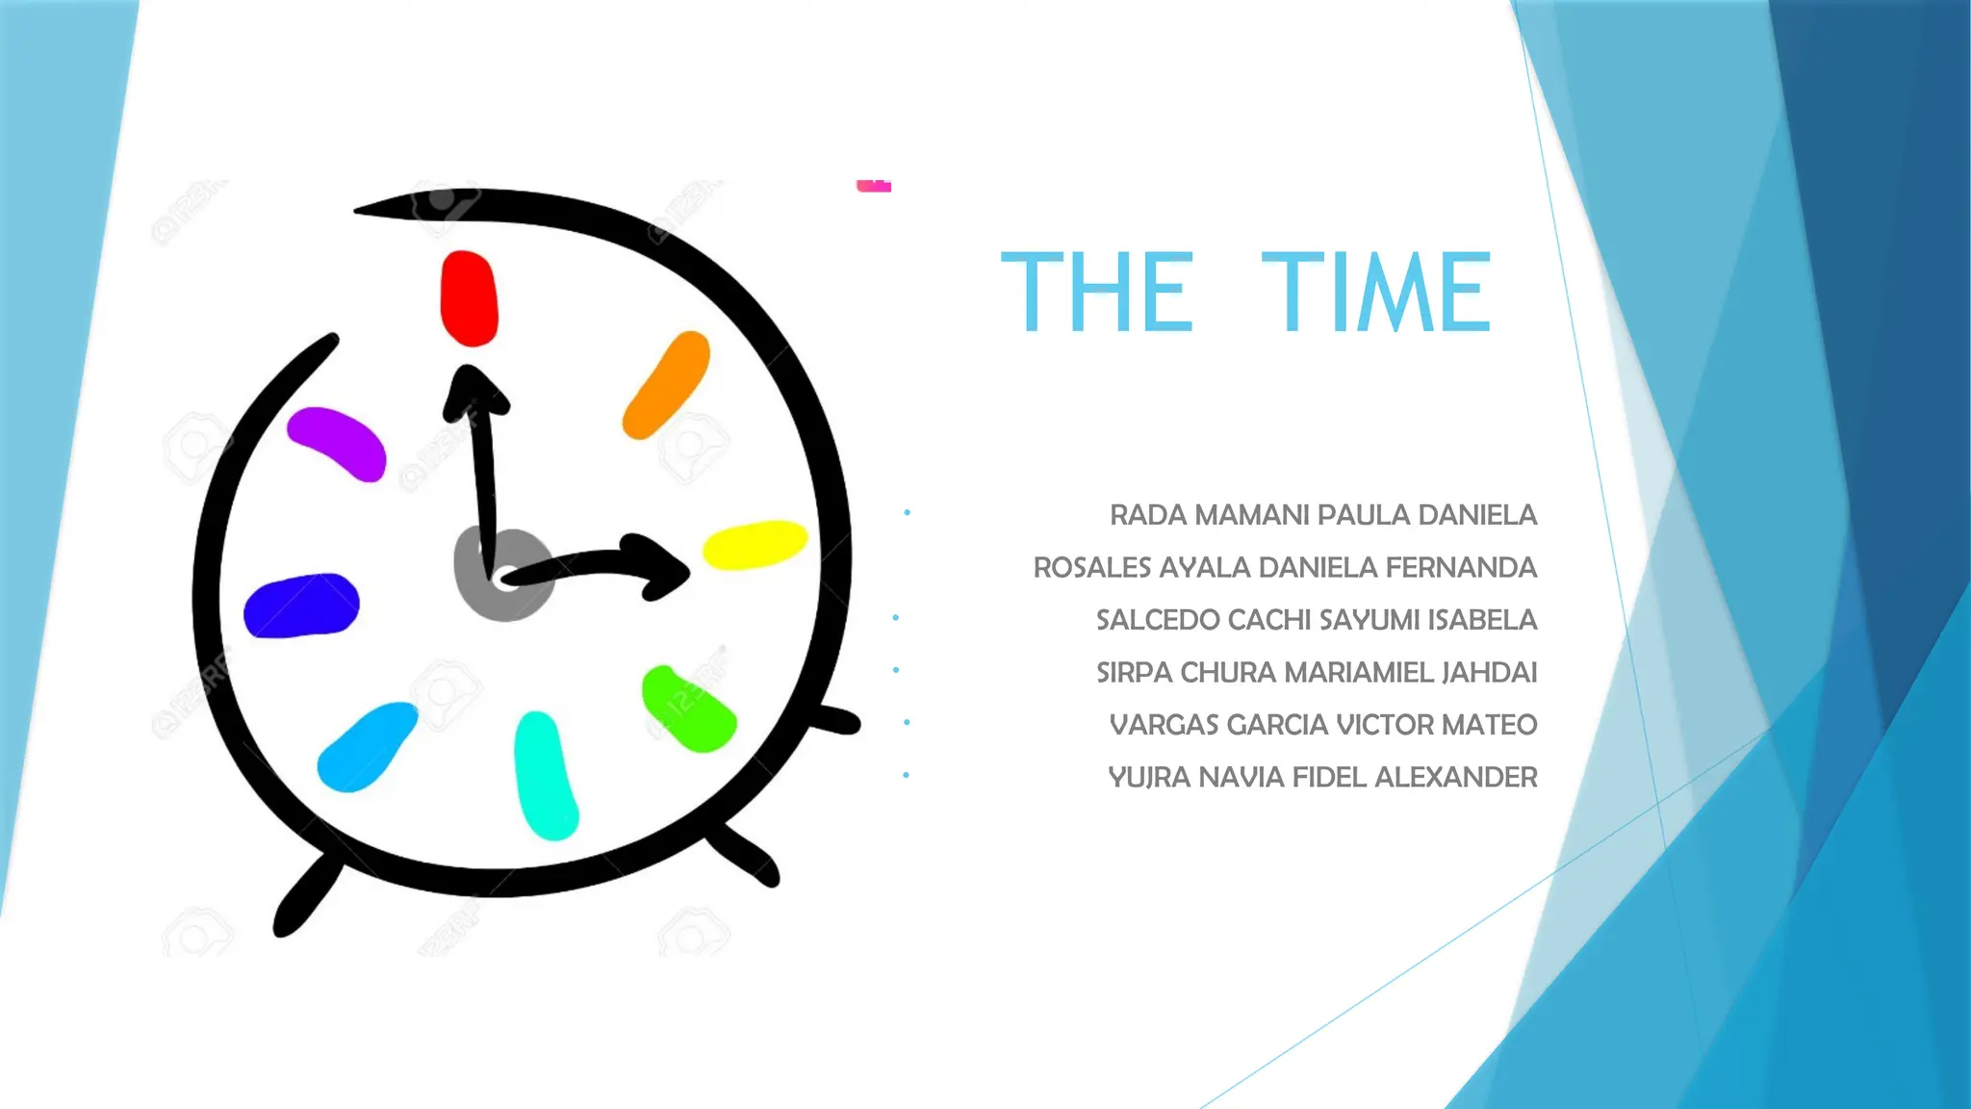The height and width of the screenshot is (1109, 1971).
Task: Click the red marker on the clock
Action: coord(469,297)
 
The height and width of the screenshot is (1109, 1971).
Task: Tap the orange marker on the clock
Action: coord(666,384)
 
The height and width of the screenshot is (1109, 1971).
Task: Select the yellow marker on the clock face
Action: coord(755,545)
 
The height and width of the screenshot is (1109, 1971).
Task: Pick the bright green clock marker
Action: coord(687,709)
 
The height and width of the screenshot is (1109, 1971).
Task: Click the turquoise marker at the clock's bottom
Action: coord(546,775)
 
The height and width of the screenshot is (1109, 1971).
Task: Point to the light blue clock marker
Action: coord(367,747)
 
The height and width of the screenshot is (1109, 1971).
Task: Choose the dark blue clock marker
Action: coord(301,606)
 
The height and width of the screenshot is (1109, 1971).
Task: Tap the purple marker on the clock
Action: coord(338,442)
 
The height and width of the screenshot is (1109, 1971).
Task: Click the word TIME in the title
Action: coord(1376,292)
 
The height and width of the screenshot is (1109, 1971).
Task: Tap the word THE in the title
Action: coord(1097,292)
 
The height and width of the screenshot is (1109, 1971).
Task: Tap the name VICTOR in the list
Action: coord(1384,725)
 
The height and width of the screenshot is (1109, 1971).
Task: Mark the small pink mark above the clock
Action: coord(874,186)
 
